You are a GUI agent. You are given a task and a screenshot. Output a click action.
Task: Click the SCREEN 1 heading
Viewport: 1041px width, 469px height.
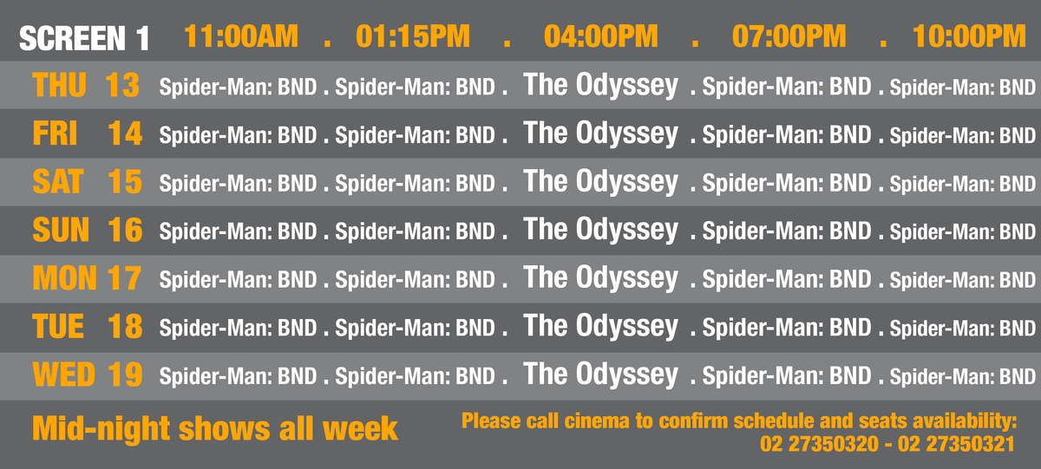[x=84, y=37]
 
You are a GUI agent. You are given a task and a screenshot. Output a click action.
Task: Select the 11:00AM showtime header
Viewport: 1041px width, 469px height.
[x=241, y=36]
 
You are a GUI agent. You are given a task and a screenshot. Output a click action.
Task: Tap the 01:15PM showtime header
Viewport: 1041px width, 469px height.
[x=413, y=36]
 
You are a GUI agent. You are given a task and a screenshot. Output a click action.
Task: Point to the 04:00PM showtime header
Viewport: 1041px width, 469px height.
[x=601, y=36]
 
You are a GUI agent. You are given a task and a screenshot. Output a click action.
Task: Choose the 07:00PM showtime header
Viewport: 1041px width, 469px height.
[x=789, y=36]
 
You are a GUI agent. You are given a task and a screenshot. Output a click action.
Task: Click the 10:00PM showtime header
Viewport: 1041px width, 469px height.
[x=969, y=36]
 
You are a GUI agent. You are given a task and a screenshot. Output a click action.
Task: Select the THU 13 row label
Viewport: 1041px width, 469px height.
[x=86, y=85]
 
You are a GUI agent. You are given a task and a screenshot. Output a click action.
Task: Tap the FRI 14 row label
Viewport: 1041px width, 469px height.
[x=88, y=134]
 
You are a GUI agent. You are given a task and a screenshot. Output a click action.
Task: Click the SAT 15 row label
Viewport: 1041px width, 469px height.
[x=88, y=181]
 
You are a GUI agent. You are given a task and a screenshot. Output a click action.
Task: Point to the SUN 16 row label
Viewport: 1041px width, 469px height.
[x=88, y=230]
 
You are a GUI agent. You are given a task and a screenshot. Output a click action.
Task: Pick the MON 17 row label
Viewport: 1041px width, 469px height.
[x=87, y=278]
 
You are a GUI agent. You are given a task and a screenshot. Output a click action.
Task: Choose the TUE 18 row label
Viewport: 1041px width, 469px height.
[x=88, y=327]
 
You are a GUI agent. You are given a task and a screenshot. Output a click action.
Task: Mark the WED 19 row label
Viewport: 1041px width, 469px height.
[x=88, y=375]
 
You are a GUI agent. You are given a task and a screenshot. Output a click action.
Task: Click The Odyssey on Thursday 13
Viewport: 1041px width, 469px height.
[x=600, y=86]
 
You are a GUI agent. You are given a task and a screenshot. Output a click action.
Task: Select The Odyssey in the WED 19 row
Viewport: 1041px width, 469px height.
[x=600, y=375]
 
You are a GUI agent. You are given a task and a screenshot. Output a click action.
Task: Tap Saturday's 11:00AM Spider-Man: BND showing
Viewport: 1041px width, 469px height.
[x=238, y=184]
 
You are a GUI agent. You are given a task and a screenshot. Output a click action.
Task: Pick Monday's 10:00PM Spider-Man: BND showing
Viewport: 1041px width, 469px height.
[x=962, y=280]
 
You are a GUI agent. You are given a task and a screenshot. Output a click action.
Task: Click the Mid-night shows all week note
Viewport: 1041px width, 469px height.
[x=215, y=428]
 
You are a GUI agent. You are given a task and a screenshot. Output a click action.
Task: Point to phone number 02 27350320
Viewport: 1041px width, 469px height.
[x=819, y=444]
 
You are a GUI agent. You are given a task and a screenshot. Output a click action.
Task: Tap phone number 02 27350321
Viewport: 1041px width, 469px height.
[x=956, y=444]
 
